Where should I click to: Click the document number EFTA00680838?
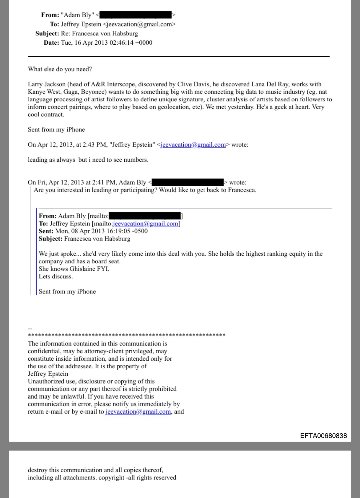(323, 435)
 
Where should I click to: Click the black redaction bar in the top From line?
(135, 15)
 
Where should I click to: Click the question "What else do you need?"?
(60, 69)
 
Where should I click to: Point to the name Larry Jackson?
(46, 84)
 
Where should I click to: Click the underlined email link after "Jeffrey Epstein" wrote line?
(193, 144)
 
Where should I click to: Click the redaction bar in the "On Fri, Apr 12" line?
(187, 182)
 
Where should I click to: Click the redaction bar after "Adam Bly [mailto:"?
(145, 216)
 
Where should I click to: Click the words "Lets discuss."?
(56, 276)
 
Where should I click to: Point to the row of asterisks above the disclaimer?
(126, 335)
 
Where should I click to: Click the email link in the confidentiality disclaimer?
(138, 411)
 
